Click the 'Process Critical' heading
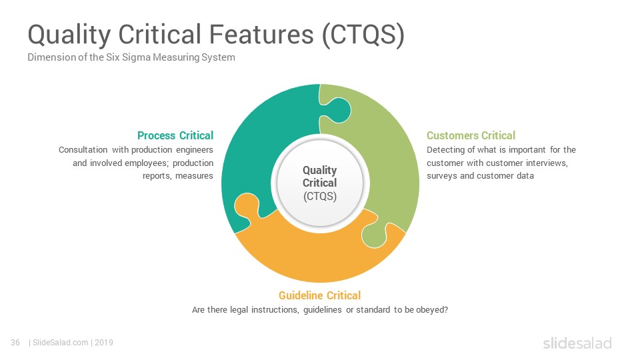(175, 135)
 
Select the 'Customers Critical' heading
(471, 135)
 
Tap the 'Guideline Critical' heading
(319, 295)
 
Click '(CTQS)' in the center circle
(320, 196)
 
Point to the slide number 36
(15, 343)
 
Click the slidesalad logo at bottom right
(577, 343)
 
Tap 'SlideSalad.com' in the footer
(60, 343)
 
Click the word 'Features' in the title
(261, 34)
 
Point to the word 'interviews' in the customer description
(547, 163)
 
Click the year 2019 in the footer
(104, 343)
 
